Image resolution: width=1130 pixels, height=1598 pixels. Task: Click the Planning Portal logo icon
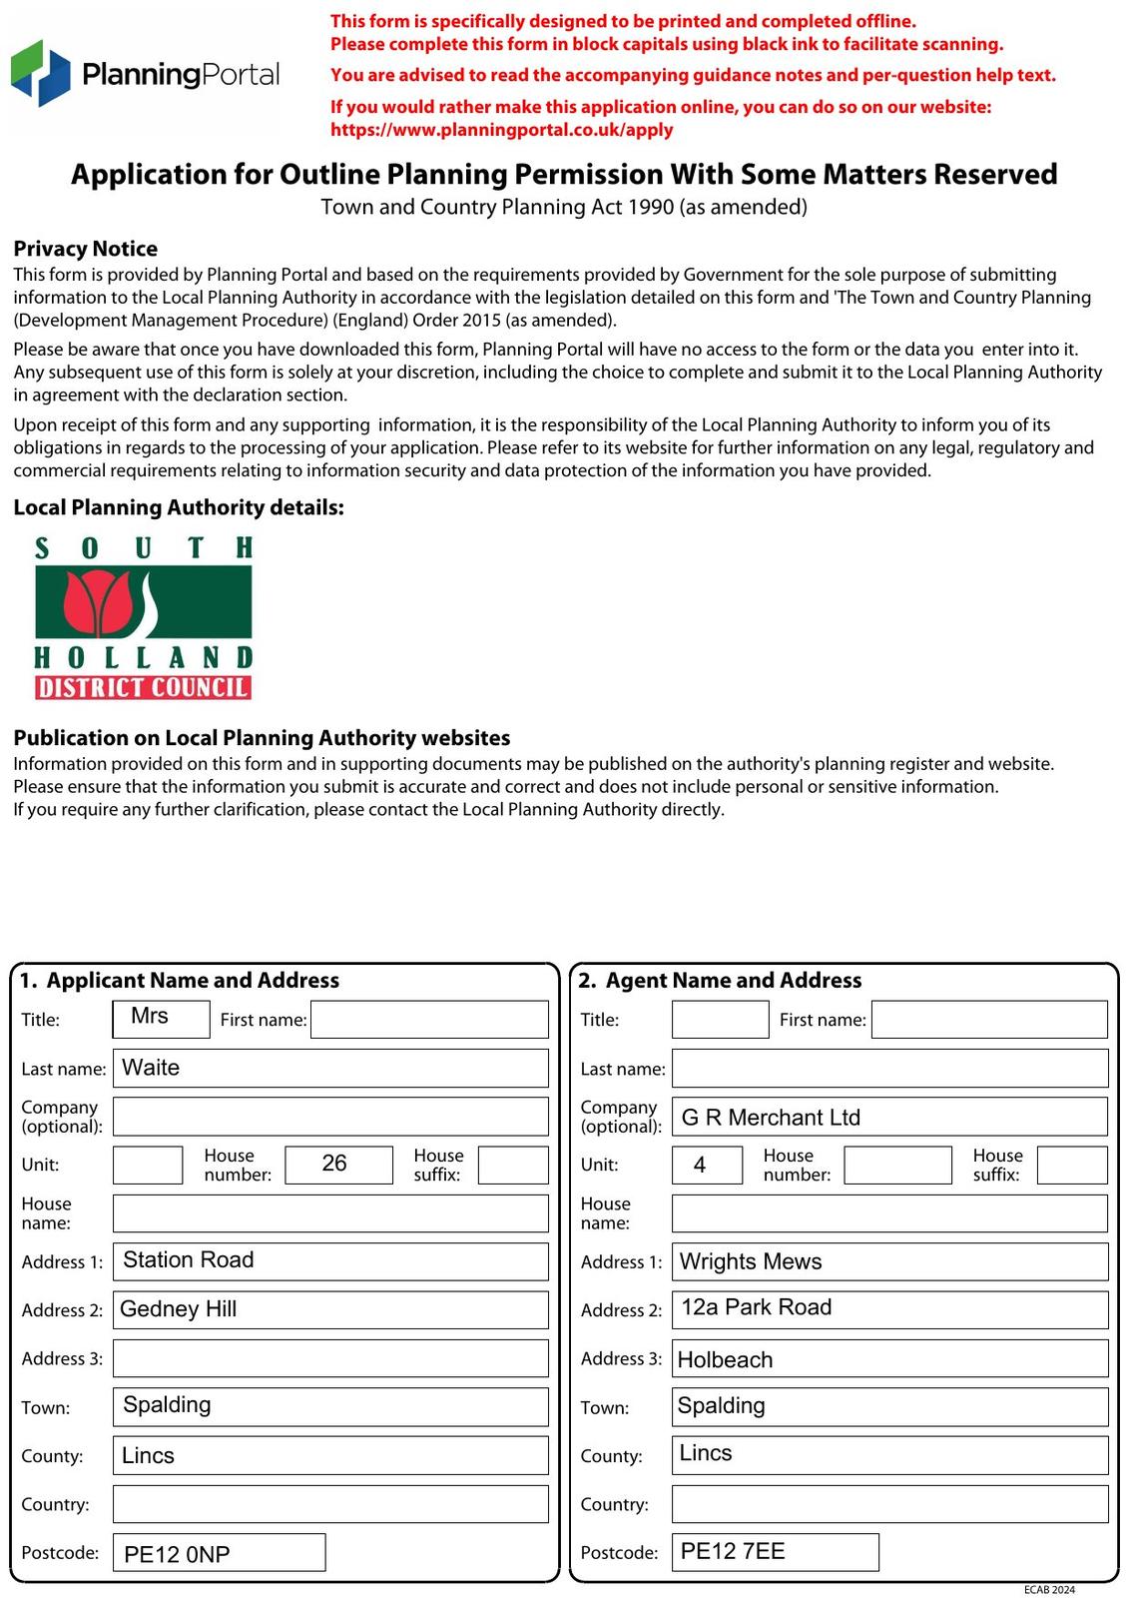tap(41, 73)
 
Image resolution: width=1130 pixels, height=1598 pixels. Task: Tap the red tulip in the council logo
tap(100, 604)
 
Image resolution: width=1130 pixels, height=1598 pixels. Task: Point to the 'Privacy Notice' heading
tap(85, 249)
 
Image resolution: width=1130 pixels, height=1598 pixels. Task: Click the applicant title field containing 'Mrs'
tap(161, 1018)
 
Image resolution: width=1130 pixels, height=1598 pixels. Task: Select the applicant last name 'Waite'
tap(151, 1068)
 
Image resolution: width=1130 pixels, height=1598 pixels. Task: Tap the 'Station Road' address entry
tap(189, 1260)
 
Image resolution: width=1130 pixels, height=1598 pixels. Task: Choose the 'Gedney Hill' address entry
tap(179, 1309)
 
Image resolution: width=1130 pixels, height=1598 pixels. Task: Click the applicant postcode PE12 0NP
tap(178, 1554)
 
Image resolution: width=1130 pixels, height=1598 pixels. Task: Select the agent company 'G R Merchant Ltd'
tap(771, 1117)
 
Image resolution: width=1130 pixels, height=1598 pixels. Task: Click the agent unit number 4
tap(702, 1165)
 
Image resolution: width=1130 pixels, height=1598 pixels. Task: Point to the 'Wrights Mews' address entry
tap(751, 1261)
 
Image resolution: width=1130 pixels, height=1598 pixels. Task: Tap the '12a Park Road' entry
tap(757, 1308)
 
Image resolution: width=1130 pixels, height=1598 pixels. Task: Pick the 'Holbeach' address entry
tap(726, 1359)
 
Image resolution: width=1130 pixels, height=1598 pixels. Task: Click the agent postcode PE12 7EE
tap(734, 1551)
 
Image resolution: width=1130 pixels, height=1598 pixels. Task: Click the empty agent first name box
tap(988, 1020)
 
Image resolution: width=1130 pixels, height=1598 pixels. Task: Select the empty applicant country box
tap(330, 1504)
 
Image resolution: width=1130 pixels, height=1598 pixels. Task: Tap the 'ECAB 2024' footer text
tap(1049, 1589)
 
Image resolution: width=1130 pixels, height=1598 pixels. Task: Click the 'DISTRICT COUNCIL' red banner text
tap(143, 688)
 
